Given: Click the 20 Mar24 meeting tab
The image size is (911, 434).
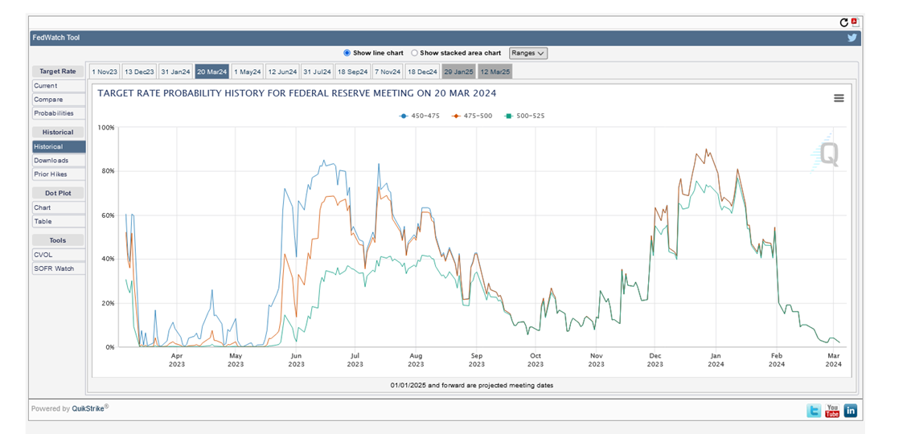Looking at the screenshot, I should pyautogui.click(x=212, y=72).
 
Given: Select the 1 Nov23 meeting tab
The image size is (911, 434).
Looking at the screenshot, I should pyautogui.click(x=104, y=72).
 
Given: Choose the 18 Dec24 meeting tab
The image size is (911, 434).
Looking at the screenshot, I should pyautogui.click(x=423, y=72).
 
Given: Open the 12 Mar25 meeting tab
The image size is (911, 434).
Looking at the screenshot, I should pyautogui.click(x=494, y=72).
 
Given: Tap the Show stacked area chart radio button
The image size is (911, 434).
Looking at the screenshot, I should pyautogui.click(x=415, y=53).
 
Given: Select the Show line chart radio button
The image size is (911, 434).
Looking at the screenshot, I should pyautogui.click(x=347, y=53).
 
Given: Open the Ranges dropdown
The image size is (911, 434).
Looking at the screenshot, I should pyautogui.click(x=528, y=53).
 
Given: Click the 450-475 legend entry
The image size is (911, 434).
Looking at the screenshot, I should pyautogui.click(x=421, y=116).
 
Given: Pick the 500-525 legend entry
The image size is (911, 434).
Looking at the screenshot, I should pyautogui.click(x=525, y=116).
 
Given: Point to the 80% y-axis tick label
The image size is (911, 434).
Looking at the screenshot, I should pyautogui.click(x=106, y=171).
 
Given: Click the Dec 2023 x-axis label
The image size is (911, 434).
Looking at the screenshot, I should pyautogui.click(x=655, y=359).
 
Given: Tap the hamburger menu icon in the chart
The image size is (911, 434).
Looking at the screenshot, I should pyautogui.click(x=839, y=98).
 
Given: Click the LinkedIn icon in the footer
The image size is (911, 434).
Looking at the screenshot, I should pyautogui.click(x=850, y=411).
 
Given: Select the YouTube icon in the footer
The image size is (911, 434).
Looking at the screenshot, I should pyautogui.click(x=832, y=411).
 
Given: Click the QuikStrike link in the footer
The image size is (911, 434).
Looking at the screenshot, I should pyautogui.click(x=90, y=409).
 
